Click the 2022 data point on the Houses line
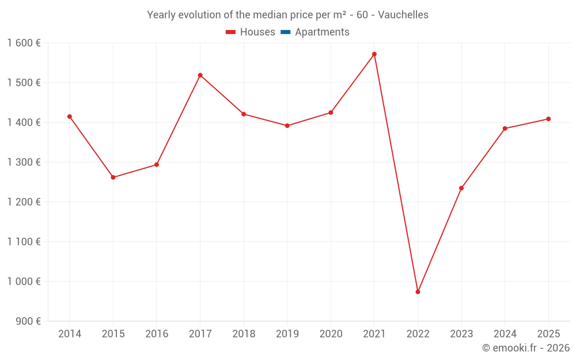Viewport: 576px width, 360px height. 418,292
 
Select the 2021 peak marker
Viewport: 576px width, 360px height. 374,54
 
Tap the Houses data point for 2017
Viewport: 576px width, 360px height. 200,75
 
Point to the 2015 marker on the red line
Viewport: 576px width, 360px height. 113,177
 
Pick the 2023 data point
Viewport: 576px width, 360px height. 461,188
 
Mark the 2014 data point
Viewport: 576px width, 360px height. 70,116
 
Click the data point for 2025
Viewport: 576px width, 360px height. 548,119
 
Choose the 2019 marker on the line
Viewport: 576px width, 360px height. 287,126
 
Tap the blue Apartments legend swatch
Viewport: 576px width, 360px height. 285,32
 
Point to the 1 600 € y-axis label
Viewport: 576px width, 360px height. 24,43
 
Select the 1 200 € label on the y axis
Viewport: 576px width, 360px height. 24,202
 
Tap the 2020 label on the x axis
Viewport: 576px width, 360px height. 331,334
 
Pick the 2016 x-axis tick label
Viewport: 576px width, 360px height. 157,334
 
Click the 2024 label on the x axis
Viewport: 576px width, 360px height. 505,334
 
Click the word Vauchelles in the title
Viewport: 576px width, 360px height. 403,15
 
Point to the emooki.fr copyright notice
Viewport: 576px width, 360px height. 525,348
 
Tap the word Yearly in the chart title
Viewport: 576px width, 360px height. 161,15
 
